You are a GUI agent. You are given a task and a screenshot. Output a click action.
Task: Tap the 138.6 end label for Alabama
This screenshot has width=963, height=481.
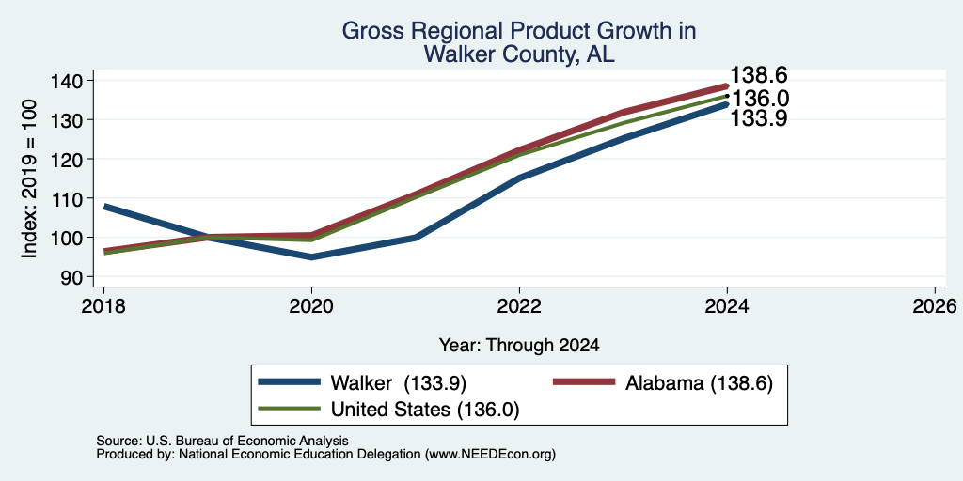click(759, 75)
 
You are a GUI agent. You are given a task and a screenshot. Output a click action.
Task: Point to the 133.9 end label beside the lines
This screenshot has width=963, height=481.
click(759, 118)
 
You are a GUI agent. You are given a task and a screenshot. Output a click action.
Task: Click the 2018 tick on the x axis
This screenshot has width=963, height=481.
click(103, 305)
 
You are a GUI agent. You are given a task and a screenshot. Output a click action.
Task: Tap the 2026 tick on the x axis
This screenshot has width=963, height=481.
click(935, 305)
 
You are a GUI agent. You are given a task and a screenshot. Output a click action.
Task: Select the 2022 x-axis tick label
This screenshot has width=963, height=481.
click(519, 305)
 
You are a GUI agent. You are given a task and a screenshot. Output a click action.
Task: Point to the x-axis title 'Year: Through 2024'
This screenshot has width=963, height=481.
click(519, 346)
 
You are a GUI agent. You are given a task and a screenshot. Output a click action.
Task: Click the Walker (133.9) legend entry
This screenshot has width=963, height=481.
click(362, 383)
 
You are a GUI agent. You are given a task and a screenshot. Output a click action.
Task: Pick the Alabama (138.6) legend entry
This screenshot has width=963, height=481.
click(663, 383)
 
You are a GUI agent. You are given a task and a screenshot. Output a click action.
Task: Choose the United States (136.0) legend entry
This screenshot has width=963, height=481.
click(388, 410)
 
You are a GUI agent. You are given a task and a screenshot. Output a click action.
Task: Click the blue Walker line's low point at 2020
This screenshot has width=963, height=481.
click(312, 257)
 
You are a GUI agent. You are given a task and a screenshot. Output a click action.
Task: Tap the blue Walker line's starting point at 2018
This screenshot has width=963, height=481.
click(104, 207)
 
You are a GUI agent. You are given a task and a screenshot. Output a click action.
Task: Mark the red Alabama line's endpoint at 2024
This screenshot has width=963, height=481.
click(727, 85)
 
